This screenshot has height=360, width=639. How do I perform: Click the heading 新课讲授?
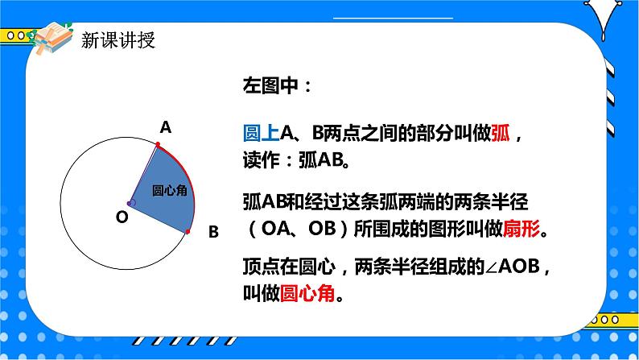pyautogui.click(x=118, y=40)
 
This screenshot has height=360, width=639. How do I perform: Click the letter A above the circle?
pyautogui.click(x=166, y=127)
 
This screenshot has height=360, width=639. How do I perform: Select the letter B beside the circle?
pyautogui.click(x=213, y=232)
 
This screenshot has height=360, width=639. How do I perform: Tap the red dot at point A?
pyautogui.click(x=158, y=146)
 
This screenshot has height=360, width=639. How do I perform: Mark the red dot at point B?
pyautogui.click(x=188, y=231)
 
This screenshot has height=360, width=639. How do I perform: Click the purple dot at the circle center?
pyautogui.click(x=131, y=203)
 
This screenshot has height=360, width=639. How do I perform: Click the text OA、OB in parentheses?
pyautogui.click(x=303, y=230)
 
